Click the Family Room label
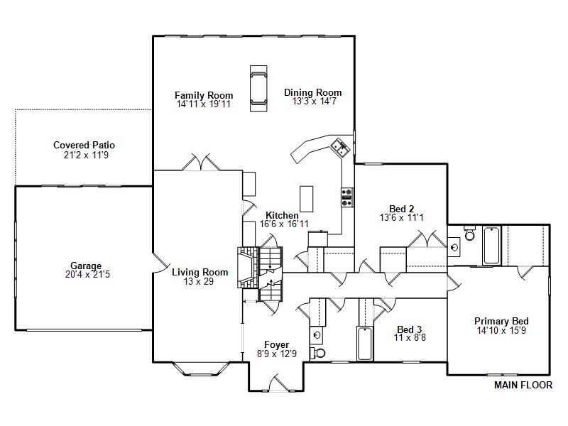tap(204, 95)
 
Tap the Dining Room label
tap(312, 92)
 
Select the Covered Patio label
tap(84, 146)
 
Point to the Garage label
tap(85, 266)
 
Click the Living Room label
tap(200, 272)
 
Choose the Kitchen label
tap(282, 215)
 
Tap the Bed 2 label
tap(402, 209)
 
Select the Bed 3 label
tap(410, 329)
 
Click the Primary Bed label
tap(501, 321)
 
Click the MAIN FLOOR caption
tap(523, 386)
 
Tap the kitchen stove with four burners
tap(347, 197)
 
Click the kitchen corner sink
tap(339, 147)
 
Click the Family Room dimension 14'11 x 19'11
tap(204, 104)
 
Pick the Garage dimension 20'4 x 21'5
tap(85, 274)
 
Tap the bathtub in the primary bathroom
tap(491, 245)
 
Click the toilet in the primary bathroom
tap(469, 234)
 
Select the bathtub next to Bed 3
tap(364, 344)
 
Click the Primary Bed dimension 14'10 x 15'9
tap(501, 330)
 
